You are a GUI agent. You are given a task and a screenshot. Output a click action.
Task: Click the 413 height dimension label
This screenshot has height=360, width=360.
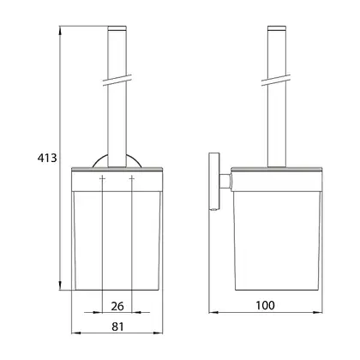pos(47,158)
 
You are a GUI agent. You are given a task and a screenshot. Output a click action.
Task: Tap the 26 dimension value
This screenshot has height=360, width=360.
pos(117,306)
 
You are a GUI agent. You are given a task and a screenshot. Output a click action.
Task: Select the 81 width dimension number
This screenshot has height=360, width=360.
pos(117,327)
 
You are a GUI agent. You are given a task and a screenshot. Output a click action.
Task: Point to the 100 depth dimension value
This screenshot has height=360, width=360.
pos(265,305)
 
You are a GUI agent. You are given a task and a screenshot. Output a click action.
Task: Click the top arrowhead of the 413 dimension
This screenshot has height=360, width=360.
pos(60,31)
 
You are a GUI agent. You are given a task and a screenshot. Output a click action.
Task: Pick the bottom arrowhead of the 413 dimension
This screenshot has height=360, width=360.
pos(60,285)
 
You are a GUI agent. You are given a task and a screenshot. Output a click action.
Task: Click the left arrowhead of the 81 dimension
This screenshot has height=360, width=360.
pos(75,333)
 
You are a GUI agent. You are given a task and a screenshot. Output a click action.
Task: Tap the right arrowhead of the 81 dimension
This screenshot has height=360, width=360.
pos(158,333)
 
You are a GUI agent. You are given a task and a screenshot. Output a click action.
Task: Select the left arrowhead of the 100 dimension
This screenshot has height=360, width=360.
pos(213,312)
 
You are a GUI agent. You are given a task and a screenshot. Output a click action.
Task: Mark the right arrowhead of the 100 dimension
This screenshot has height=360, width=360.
pos(318,312)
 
